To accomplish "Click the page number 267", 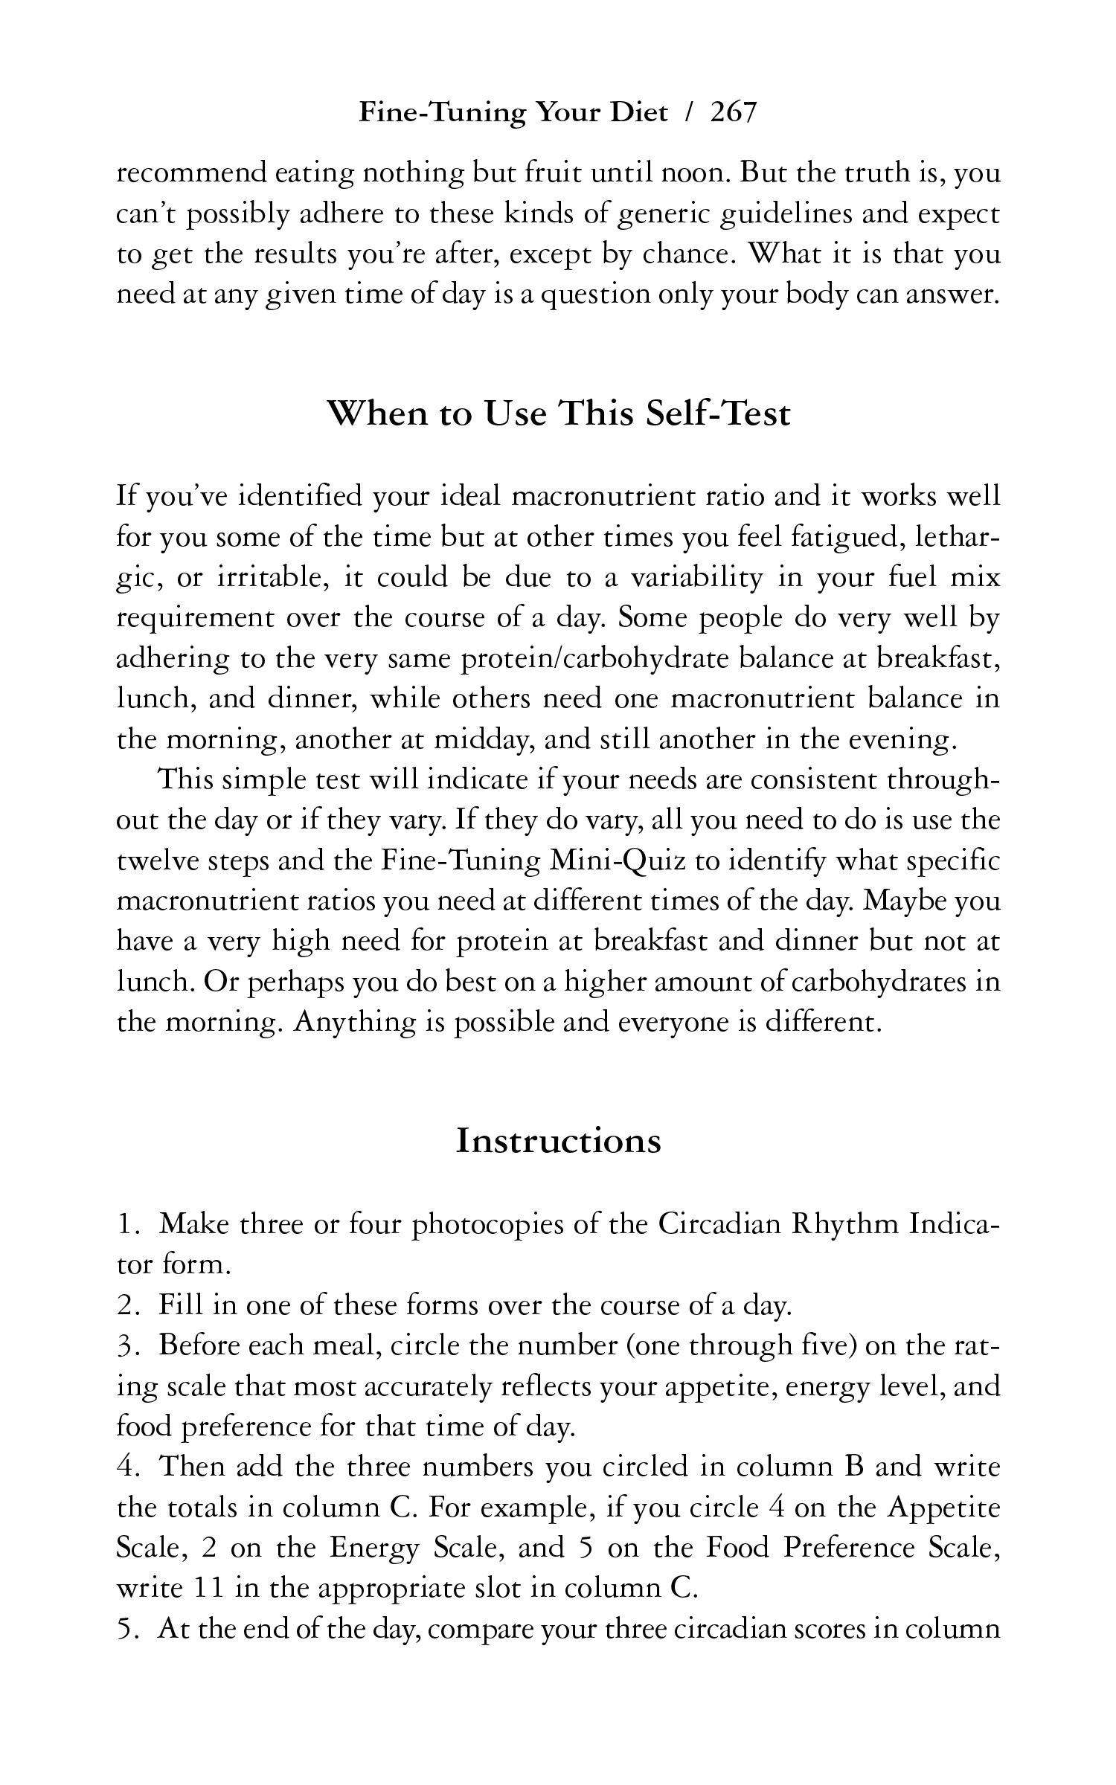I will [x=733, y=113].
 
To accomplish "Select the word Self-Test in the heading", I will [x=717, y=414].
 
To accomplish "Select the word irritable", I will [x=267, y=577].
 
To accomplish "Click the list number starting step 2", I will [x=129, y=1305].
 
